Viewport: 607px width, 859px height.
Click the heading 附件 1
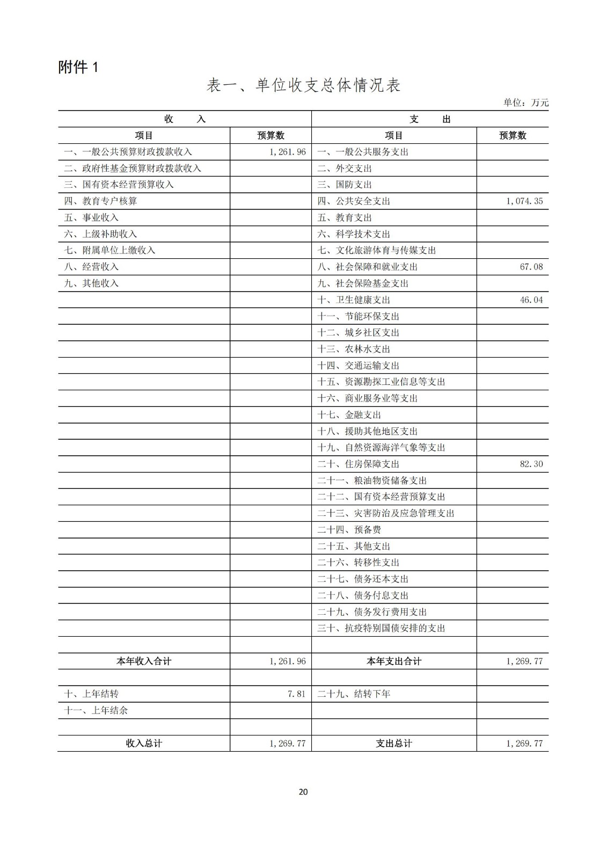point(78,67)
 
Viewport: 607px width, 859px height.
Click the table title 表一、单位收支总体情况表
point(303,86)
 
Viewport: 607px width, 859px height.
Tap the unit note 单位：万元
point(525,103)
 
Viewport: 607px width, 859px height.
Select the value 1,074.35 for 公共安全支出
point(524,201)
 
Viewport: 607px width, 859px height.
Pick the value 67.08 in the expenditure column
point(531,267)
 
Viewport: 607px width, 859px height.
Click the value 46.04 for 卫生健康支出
point(531,300)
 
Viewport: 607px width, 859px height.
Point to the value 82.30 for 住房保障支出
point(531,464)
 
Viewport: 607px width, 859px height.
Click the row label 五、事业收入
point(91,217)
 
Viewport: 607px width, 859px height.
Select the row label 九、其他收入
point(91,283)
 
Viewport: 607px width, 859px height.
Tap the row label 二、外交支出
point(345,169)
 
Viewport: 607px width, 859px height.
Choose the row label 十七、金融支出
point(349,415)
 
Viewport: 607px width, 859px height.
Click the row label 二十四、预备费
point(349,530)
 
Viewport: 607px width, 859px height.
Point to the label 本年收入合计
point(144,661)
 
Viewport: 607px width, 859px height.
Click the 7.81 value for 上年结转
point(296,694)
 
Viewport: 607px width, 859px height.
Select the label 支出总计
point(394,744)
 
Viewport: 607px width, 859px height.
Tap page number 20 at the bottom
point(303,792)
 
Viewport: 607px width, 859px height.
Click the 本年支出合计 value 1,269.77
point(524,661)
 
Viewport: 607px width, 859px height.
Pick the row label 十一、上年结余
point(96,711)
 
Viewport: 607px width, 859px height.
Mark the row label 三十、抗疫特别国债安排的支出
point(381,629)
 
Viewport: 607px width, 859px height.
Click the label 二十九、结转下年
point(354,694)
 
